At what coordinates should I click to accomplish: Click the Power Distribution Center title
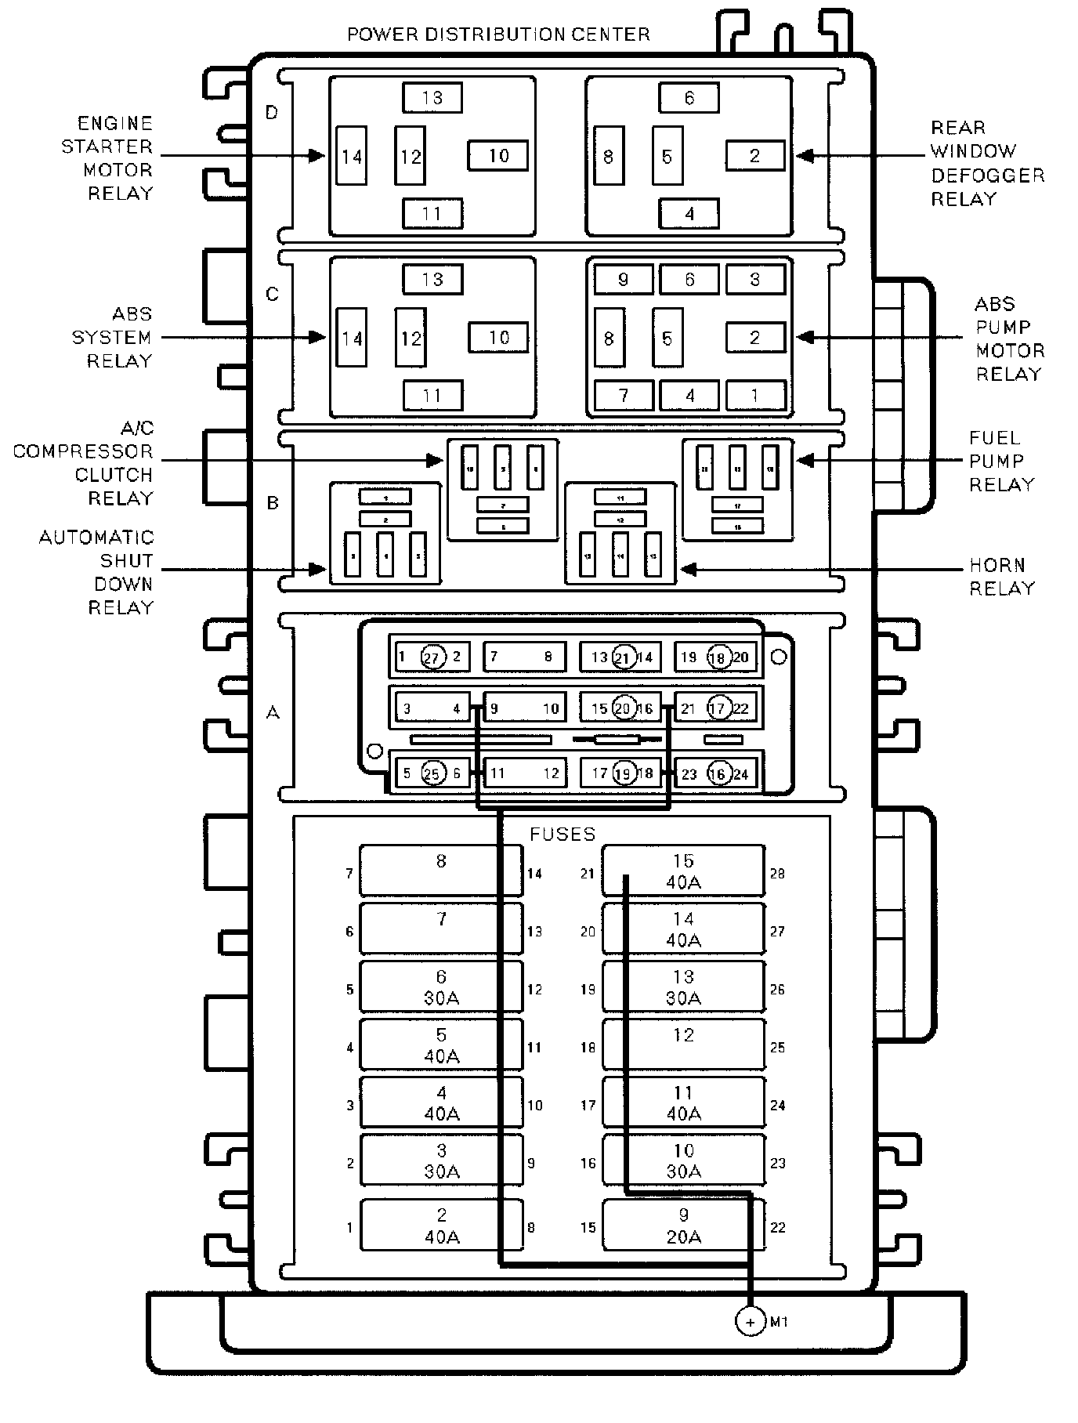point(498,34)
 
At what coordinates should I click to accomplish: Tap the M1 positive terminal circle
point(750,1321)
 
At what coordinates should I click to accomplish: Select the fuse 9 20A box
point(682,1226)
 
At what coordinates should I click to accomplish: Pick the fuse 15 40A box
point(682,871)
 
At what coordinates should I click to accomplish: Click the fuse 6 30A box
point(441,987)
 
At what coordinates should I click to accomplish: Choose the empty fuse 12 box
point(682,1045)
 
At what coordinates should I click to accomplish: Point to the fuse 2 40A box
point(441,1226)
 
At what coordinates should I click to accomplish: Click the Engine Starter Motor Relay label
point(108,158)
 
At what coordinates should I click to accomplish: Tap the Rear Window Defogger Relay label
point(987,163)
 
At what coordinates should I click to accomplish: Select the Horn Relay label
point(1002,577)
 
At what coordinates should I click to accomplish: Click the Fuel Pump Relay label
point(1002,462)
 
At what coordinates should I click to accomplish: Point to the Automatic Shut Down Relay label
point(98,572)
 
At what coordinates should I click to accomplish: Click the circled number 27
point(432,657)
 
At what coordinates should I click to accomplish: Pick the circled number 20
point(624,708)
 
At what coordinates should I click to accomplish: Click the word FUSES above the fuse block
point(563,834)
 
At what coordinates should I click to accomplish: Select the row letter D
point(272,113)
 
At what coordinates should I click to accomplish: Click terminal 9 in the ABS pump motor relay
point(623,280)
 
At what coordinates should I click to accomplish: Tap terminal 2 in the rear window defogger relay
point(754,155)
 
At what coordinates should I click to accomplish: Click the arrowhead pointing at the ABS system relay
point(317,338)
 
